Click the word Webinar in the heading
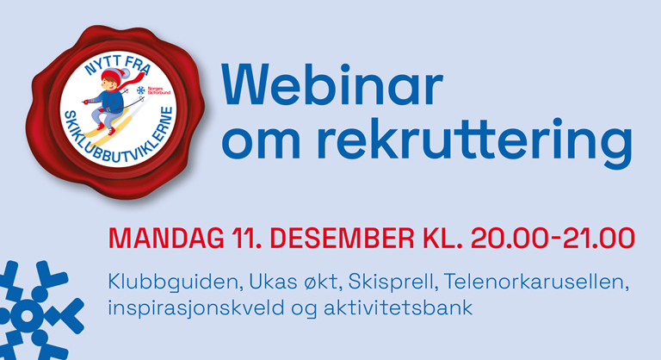332,84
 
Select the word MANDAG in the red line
166,239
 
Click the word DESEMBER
343,239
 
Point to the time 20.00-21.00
553,239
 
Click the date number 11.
244,239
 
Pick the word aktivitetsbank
398,307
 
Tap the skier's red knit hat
113,75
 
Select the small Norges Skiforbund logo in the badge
153,90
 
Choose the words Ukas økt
294,282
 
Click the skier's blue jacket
108,102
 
